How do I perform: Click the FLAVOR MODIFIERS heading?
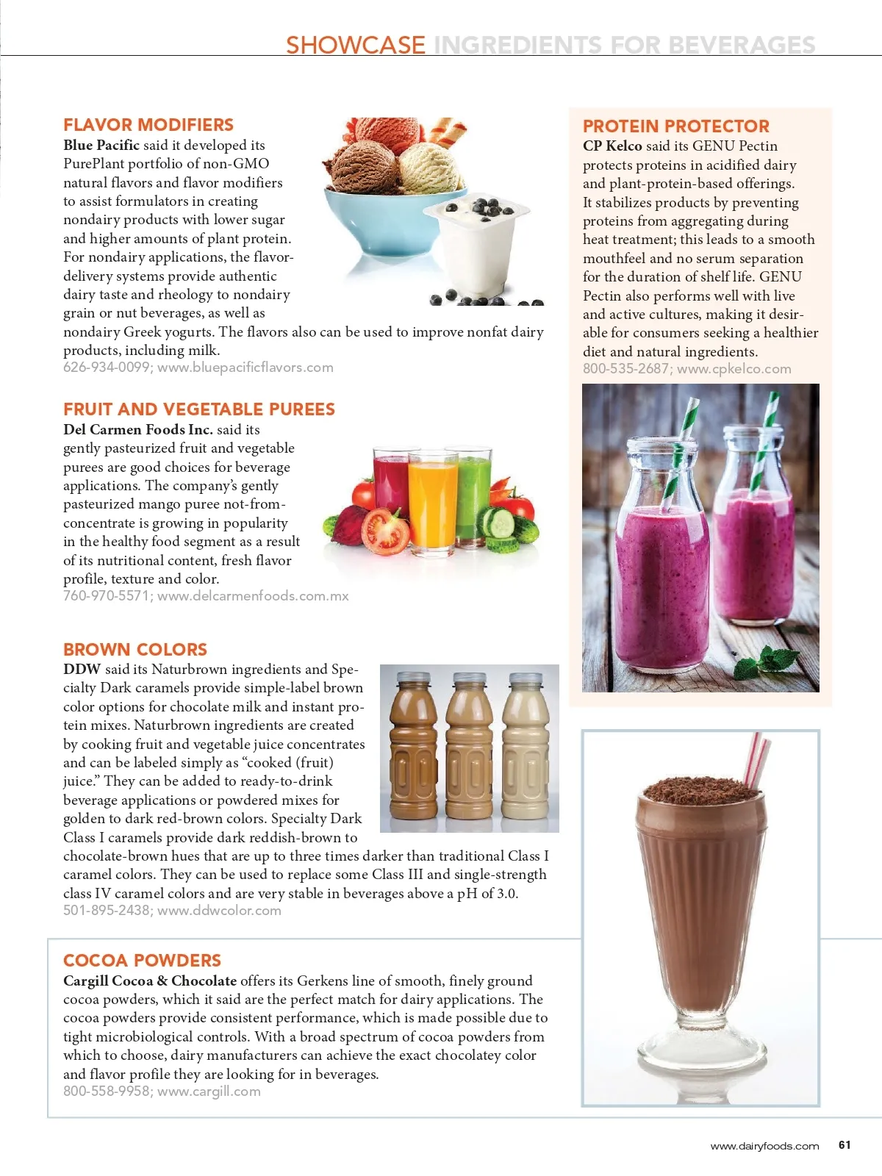148,125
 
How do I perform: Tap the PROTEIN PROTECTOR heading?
675,126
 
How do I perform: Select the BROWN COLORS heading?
135,650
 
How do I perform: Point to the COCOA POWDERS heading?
142,961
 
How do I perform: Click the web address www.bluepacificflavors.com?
245,367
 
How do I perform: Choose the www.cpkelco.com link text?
734,369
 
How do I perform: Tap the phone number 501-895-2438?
107,911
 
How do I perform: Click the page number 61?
845,1144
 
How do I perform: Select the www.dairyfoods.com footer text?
764,1146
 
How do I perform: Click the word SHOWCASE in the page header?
356,46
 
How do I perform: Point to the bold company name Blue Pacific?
101,146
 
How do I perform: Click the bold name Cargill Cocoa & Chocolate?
150,980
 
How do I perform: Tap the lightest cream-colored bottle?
525,750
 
